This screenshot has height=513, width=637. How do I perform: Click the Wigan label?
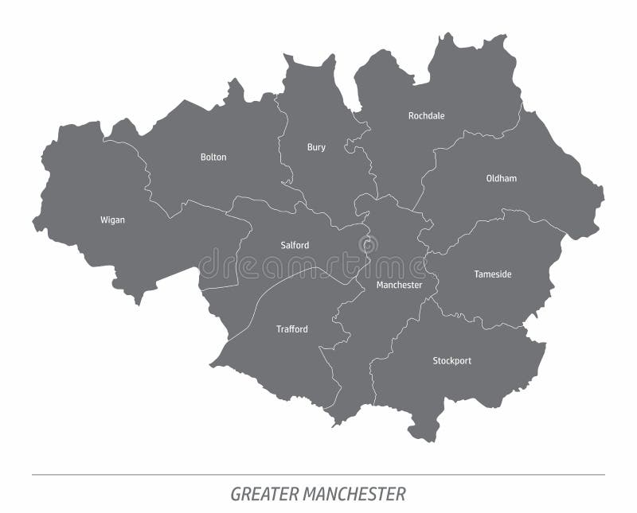click(112, 220)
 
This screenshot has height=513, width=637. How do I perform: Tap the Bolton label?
click(213, 157)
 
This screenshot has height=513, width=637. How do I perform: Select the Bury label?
click(316, 147)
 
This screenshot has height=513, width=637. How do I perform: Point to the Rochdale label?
click(426, 116)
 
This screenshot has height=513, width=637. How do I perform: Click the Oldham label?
click(501, 178)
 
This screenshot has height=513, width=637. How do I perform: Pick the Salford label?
click(295, 245)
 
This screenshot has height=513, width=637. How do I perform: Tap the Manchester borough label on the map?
click(399, 285)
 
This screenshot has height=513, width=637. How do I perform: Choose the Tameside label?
click(493, 274)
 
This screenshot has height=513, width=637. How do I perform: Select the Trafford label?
click(291, 329)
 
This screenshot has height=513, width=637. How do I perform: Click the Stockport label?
click(451, 360)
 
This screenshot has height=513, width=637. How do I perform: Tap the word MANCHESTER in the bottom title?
click(354, 494)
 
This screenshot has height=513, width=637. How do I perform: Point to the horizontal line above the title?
click(318, 475)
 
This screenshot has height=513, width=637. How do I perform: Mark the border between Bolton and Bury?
click(282, 143)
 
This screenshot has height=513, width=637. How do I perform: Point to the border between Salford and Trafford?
click(295, 274)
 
